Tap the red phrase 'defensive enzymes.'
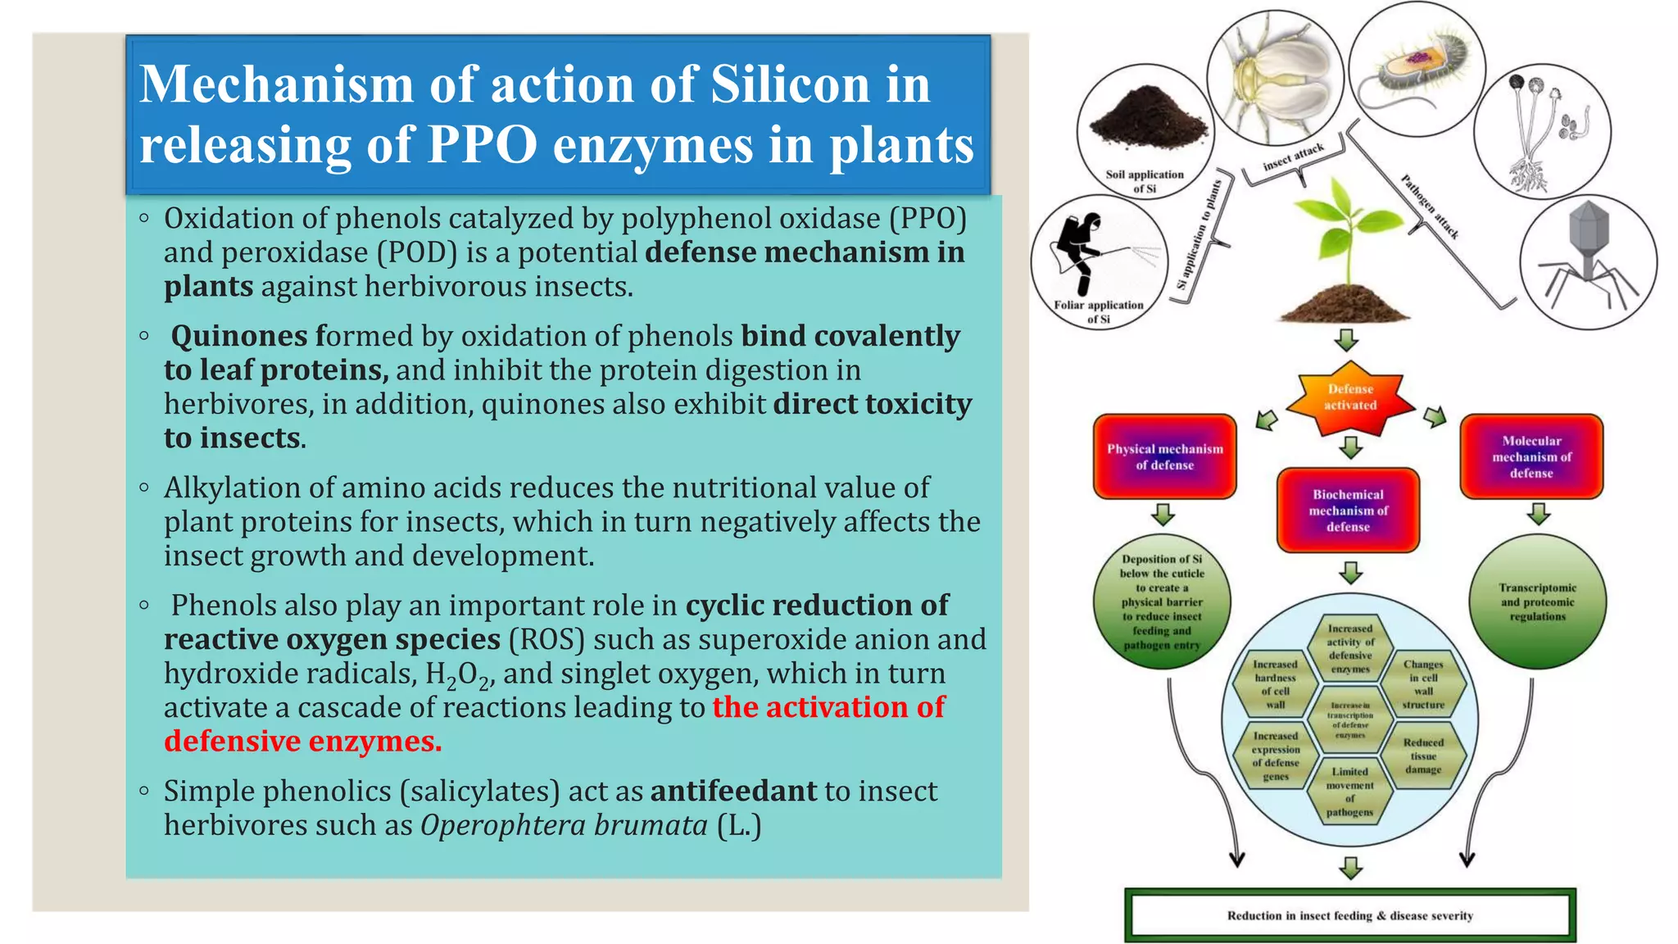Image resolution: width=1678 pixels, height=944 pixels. pos(302,742)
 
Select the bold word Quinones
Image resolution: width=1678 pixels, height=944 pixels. pos(238,336)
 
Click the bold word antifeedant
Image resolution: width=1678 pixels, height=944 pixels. pos(733,791)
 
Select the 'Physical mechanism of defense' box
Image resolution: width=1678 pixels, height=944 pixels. pos(1164,457)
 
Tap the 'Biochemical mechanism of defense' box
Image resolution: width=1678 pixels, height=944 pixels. pos(1348,511)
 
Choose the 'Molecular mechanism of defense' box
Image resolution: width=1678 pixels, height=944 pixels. pos(1531,457)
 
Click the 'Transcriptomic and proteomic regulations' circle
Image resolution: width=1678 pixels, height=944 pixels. pos(1537,602)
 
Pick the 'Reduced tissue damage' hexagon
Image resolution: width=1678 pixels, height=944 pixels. pos(1423,756)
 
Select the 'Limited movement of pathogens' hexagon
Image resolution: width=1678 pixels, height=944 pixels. pos(1349,792)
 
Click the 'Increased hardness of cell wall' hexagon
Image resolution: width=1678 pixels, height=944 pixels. pos(1275,684)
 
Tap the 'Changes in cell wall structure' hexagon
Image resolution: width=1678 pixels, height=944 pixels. pos(1423,684)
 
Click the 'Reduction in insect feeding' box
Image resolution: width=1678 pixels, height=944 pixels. pos(1349,915)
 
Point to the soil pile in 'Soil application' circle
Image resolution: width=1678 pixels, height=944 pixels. pos(1147,119)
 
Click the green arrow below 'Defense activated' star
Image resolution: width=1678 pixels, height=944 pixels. pos(1350,447)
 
